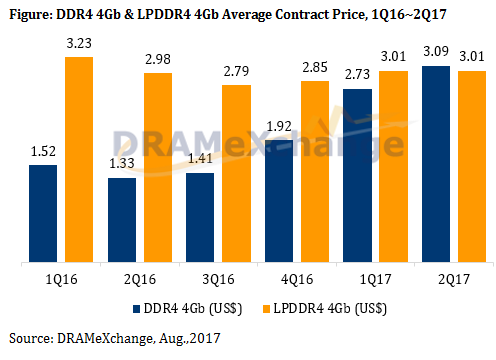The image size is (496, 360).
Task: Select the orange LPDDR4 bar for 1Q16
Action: (79, 160)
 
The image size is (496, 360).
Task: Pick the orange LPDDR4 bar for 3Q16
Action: (235, 174)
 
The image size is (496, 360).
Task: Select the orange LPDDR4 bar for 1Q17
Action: (392, 167)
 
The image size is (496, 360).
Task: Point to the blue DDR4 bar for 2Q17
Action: (434, 164)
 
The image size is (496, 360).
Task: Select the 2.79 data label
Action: (235, 73)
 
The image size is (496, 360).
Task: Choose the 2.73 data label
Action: (356, 76)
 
